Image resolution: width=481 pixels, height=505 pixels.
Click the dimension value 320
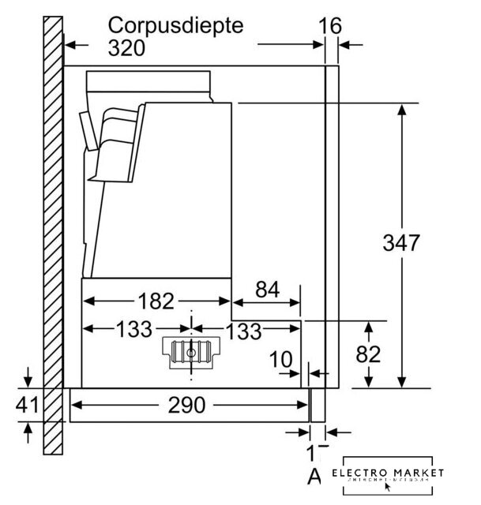click(x=126, y=48)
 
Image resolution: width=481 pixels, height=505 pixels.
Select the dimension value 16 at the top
click(x=330, y=25)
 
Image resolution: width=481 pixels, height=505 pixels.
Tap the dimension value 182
click(x=156, y=301)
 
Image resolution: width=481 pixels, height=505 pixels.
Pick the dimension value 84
click(x=267, y=290)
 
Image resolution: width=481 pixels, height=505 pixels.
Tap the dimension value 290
click(x=187, y=406)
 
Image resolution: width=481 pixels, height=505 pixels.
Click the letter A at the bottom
click(x=314, y=476)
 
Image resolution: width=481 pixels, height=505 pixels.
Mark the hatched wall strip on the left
click(x=53, y=237)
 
